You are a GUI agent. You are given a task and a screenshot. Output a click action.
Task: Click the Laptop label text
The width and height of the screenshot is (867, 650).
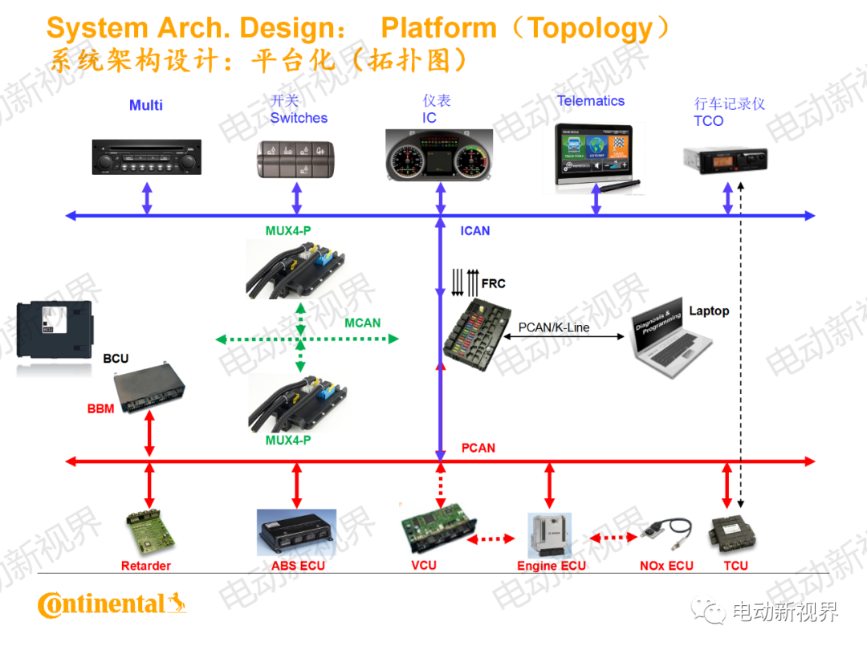709,311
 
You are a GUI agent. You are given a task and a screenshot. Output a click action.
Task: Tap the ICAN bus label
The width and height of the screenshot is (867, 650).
475,231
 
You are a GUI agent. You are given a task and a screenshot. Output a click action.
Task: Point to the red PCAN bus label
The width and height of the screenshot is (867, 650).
478,448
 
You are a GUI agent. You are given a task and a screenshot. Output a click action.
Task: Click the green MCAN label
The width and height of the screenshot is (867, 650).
362,323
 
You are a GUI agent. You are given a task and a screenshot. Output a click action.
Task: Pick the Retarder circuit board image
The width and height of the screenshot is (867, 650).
146,532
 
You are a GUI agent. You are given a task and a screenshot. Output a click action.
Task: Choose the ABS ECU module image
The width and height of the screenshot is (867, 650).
296,532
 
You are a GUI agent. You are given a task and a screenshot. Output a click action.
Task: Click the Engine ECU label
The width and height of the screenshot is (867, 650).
551,566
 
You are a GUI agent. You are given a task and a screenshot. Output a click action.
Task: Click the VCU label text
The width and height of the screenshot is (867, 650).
424,565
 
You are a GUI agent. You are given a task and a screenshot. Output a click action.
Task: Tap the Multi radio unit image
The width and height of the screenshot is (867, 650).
145,157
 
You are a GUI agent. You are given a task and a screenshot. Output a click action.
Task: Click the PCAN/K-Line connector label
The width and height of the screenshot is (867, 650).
554,327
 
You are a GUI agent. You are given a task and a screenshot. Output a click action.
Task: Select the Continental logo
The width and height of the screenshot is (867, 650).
112,604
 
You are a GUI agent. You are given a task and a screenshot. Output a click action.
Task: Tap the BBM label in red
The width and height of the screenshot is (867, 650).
100,408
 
